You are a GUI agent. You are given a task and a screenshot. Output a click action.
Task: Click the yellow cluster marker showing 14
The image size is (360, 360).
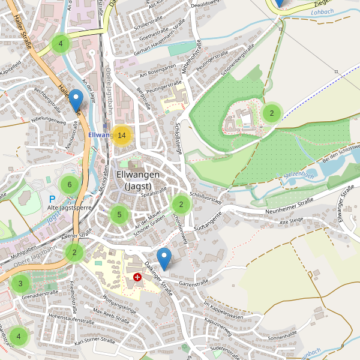click(x=122, y=136)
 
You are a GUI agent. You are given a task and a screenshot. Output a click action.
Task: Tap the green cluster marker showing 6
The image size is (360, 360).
click(x=70, y=185)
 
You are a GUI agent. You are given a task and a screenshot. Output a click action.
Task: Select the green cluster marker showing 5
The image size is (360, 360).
click(x=119, y=214)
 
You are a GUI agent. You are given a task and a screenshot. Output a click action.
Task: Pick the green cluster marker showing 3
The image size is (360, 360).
click(x=20, y=284)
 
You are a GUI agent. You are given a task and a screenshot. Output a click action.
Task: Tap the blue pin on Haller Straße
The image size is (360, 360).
click(x=76, y=100)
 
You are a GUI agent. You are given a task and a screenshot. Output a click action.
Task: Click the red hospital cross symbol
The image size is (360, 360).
click(x=138, y=278)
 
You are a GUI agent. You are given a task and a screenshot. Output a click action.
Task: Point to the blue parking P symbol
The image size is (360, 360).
click(x=52, y=199)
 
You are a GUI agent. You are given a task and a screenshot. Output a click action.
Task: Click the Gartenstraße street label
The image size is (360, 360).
click(x=193, y=281)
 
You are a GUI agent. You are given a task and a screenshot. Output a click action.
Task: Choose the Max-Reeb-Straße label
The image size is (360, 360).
click(x=112, y=316)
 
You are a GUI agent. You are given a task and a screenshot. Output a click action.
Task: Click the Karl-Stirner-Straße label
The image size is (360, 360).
click(x=94, y=341)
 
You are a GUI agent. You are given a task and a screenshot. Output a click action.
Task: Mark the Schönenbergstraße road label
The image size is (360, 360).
click(x=235, y=62)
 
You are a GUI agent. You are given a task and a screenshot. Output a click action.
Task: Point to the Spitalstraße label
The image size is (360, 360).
click(x=154, y=193)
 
